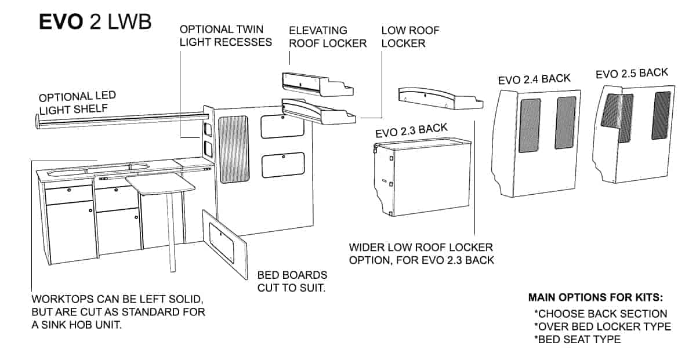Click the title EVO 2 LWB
[95, 22]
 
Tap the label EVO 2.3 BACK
[411, 130]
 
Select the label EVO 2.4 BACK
[534, 79]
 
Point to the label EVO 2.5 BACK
[632, 73]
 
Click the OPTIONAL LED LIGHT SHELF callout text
[77, 103]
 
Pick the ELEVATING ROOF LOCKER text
[328, 37]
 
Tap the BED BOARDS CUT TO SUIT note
[292, 281]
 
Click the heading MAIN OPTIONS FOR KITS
[596, 297]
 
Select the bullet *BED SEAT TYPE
[577, 340]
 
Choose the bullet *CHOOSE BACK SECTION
[601, 314]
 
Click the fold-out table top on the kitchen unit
[160, 184]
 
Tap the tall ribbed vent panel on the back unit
[234, 150]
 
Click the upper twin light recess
[208, 129]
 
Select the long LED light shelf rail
[122, 121]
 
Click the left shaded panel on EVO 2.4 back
[530, 125]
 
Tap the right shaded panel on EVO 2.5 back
[661, 115]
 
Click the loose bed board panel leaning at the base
[225, 245]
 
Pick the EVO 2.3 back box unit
[423, 177]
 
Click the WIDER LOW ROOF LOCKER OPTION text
[421, 254]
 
